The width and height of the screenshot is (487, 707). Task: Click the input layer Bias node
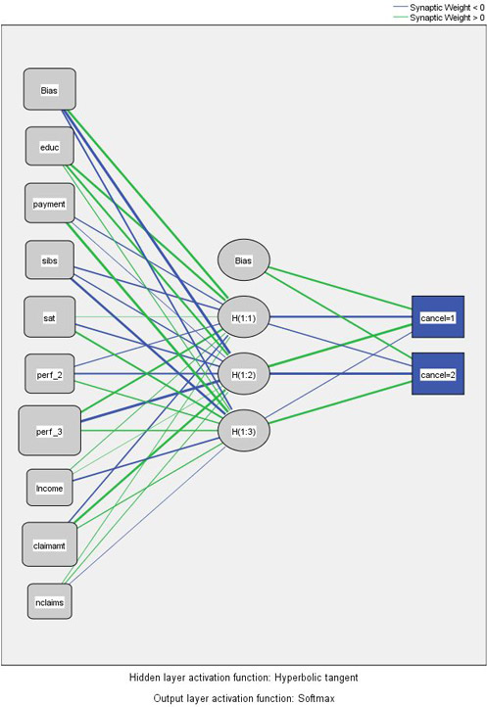coord(50,89)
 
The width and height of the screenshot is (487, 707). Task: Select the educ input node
coord(50,146)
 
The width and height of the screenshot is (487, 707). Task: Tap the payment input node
coord(50,203)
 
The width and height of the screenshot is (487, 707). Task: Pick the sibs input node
coord(50,260)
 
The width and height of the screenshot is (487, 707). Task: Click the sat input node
coord(50,317)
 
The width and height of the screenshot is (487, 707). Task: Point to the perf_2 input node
coord(50,374)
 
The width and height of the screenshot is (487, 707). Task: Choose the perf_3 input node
coord(50,431)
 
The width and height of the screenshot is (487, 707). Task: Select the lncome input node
coord(50,488)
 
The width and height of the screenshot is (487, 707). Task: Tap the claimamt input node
coord(50,544)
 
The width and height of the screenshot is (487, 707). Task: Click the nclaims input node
coord(50,601)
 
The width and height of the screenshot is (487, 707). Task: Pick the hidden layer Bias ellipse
coord(244,260)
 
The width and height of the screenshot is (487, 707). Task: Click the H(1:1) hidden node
coord(244,317)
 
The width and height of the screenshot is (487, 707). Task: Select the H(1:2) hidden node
coord(244,374)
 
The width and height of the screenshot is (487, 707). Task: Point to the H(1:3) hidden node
coord(244,431)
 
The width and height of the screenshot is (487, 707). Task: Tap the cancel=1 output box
coord(438,317)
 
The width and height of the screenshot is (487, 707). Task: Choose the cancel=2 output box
coord(438,374)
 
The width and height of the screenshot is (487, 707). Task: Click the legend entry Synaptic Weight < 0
coord(439,7)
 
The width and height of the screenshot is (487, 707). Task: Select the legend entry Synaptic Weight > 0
coord(439,18)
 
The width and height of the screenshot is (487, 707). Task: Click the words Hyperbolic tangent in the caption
coord(317,678)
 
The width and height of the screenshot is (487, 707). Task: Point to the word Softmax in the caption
coord(317,698)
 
